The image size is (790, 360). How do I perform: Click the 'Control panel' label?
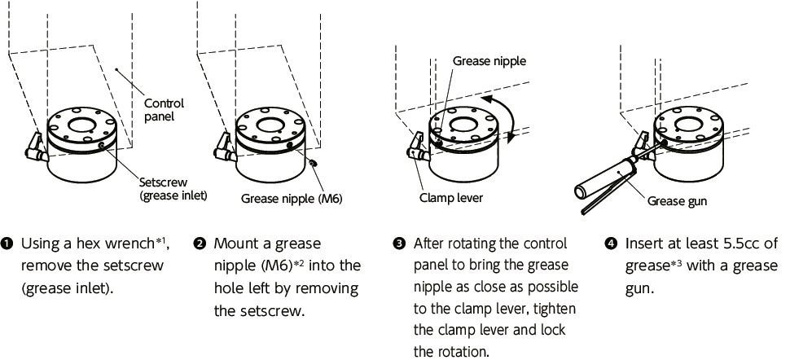[x=164, y=110]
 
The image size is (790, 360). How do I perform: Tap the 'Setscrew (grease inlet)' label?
[x=173, y=189]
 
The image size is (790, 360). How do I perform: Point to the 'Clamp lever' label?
[x=451, y=197]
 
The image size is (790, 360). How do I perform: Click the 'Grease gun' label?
[x=677, y=201]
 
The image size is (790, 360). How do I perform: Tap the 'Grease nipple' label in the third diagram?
[x=489, y=61]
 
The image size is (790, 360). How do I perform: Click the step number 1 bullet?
[x=10, y=244]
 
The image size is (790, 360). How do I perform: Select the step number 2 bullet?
[x=200, y=244]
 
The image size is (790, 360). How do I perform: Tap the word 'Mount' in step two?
[x=235, y=244]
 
